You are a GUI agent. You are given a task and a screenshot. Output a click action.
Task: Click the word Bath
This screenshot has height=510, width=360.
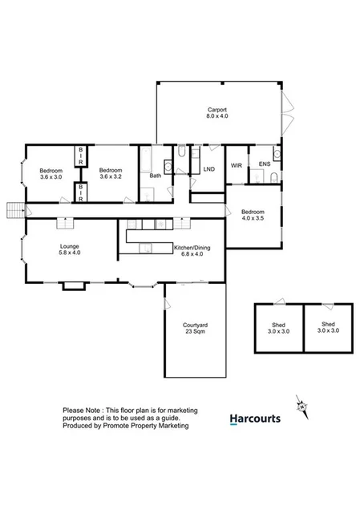155,175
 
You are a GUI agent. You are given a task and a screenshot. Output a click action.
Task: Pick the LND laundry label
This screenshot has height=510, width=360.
209,169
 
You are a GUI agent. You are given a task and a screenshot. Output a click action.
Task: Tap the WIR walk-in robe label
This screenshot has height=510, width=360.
236,164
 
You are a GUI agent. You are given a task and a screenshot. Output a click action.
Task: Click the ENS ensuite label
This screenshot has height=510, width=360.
264,164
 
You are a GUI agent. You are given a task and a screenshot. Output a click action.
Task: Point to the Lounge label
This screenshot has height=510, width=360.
68,249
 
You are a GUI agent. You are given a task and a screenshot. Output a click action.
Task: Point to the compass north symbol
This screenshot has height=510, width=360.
301,406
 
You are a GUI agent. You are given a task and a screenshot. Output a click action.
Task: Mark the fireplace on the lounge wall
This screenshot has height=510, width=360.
71,285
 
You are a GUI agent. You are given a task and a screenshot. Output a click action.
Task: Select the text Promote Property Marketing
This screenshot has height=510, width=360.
148,426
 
